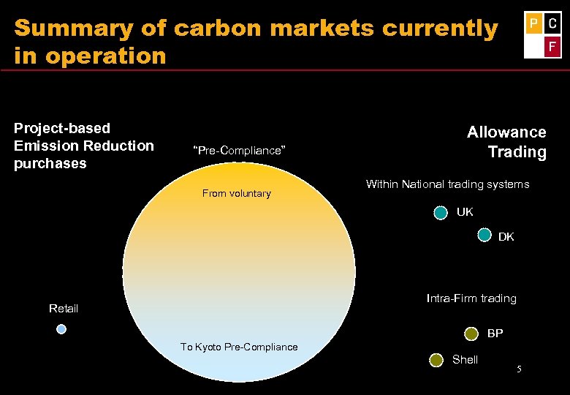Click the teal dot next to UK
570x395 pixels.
click(x=441, y=213)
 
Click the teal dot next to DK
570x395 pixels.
click(x=484, y=235)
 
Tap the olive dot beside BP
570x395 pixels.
click(x=472, y=334)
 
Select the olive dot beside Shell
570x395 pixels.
click(x=436, y=359)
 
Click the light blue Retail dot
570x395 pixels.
click(x=61, y=329)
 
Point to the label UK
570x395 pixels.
click(x=465, y=212)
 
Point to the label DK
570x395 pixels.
click(x=506, y=237)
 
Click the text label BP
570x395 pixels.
click(x=495, y=334)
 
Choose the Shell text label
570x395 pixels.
click(x=465, y=359)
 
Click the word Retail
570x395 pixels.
click(x=64, y=309)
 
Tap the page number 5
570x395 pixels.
click(x=518, y=369)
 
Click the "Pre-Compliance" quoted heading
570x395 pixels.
click(x=237, y=151)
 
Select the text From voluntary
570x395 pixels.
click(x=236, y=194)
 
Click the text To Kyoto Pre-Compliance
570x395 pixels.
click(x=239, y=347)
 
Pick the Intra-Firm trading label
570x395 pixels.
click(x=471, y=298)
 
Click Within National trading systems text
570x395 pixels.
click(x=447, y=184)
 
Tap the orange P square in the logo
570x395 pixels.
click(x=533, y=24)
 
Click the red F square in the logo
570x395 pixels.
click(x=552, y=48)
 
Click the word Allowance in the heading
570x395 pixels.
click(x=506, y=132)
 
